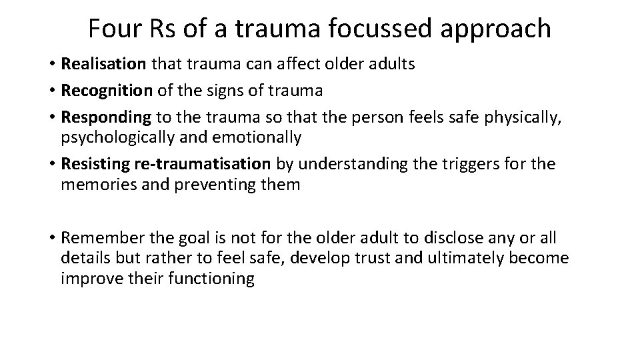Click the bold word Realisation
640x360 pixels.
[103, 64]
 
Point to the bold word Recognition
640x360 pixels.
[103, 91]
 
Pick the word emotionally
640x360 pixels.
[264, 138]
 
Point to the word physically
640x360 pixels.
[510, 117]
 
